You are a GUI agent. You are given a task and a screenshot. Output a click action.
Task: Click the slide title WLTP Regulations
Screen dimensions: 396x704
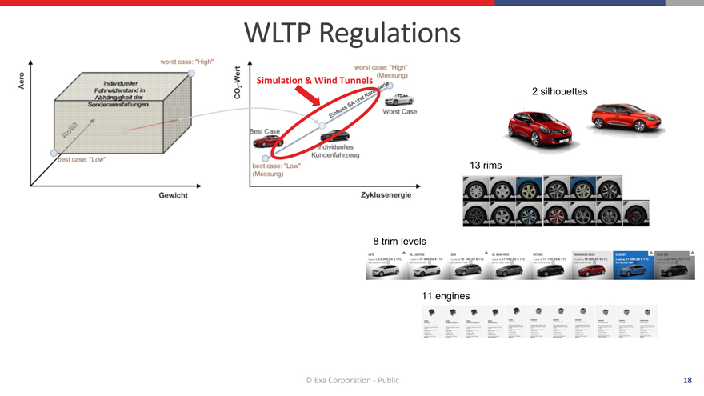tap(352, 34)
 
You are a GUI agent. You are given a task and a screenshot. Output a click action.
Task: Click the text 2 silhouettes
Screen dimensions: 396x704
tap(560, 92)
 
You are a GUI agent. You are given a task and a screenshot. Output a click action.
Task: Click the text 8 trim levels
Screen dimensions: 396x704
tap(399, 242)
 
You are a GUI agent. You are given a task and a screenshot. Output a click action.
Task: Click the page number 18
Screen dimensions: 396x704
tap(687, 380)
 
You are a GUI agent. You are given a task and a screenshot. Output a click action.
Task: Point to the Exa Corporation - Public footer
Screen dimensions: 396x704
tap(352, 380)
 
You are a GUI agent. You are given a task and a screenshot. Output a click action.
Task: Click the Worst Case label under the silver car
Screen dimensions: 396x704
tap(400, 112)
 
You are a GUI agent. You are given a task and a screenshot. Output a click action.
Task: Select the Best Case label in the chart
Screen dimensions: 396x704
tap(265, 130)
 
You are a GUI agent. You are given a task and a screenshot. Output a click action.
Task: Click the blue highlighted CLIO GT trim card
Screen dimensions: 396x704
tap(632, 265)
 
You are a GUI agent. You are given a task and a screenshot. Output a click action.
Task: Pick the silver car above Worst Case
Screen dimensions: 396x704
tap(400, 100)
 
